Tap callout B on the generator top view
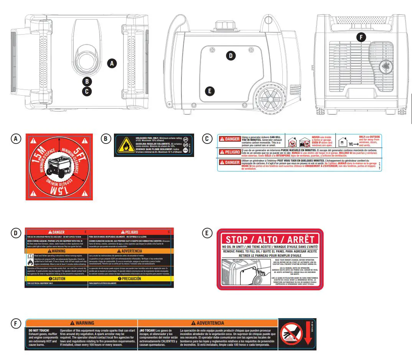(87, 81)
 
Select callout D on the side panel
(230, 56)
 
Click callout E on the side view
(209, 91)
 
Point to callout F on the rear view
(361, 37)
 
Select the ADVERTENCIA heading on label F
(208, 323)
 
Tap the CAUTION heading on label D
(56, 279)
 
